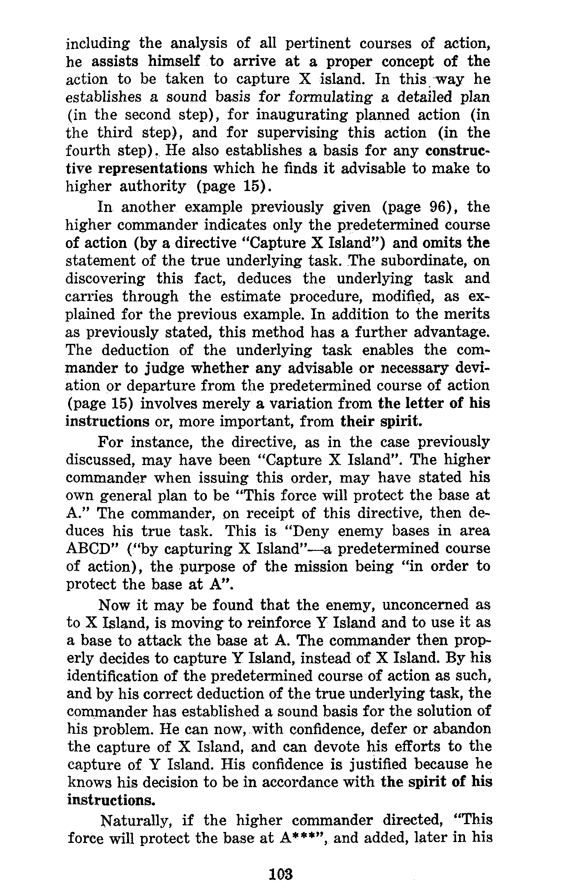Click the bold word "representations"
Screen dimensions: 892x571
point(153,168)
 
